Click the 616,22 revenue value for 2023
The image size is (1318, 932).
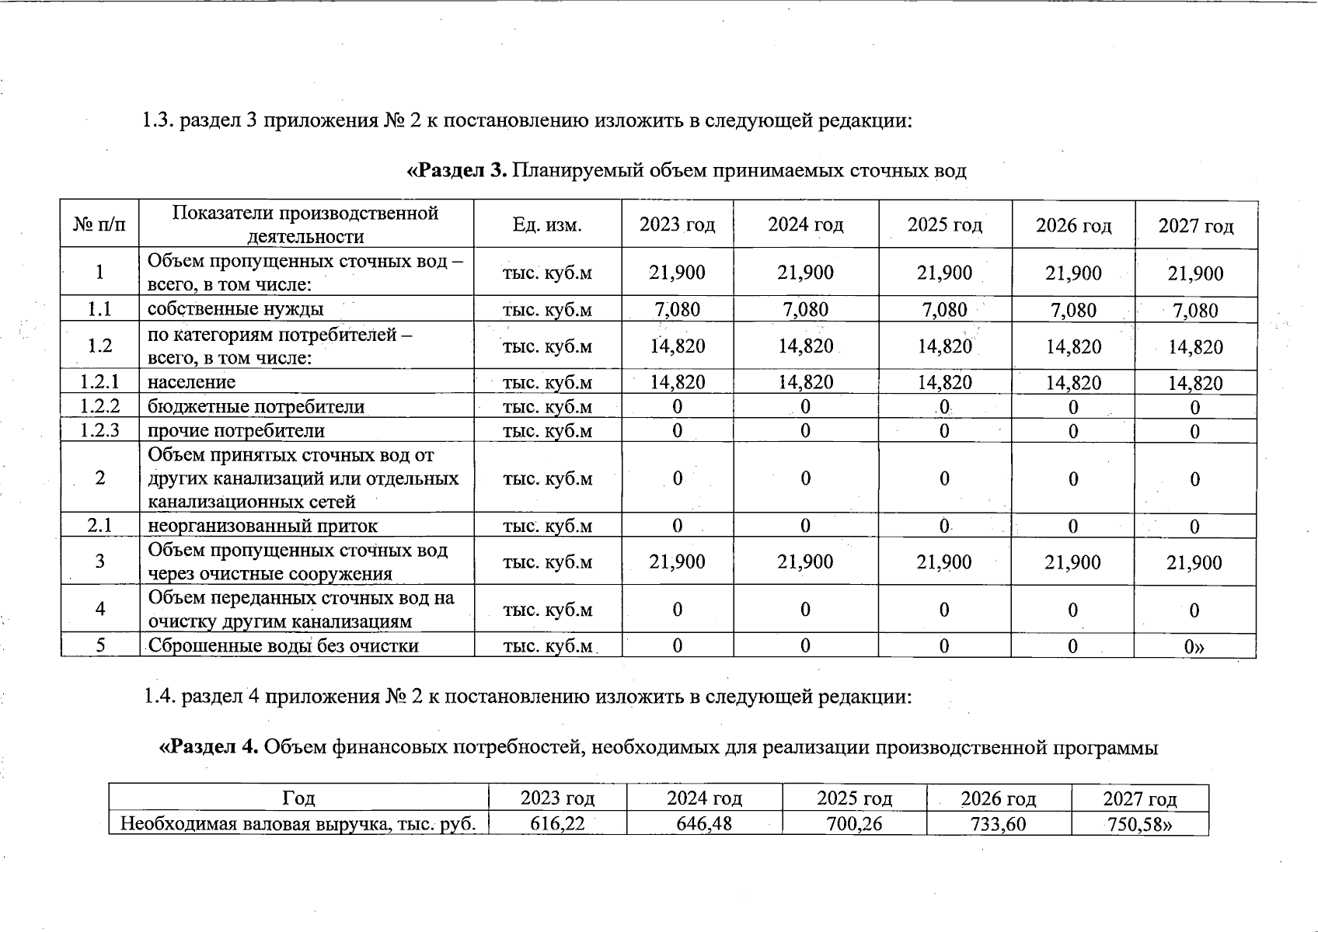pos(557,823)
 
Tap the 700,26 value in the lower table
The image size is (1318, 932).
pos(854,823)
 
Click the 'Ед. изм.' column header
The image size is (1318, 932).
pos(547,225)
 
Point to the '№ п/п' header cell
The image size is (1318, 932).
pos(99,225)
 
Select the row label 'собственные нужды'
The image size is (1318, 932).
pos(235,309)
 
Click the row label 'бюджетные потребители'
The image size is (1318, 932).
pos(256,407)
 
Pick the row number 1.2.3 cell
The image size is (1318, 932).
pos(99,430)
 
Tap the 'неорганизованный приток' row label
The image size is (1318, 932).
pos(263,526)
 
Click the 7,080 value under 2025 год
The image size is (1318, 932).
pos(944,310)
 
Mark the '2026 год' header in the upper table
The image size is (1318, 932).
pos(1073,226)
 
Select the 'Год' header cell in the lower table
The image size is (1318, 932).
pos(298,798)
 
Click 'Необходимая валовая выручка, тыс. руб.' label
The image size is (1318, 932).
pos(298,823)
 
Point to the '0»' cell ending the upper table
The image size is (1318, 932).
pos(1194,646)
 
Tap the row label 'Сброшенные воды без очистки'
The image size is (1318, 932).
pos(283,645)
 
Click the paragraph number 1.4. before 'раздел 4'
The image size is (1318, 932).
pos(159,697)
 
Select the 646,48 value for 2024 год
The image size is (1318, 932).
pos(704,823)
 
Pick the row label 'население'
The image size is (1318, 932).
pos(191,382)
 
